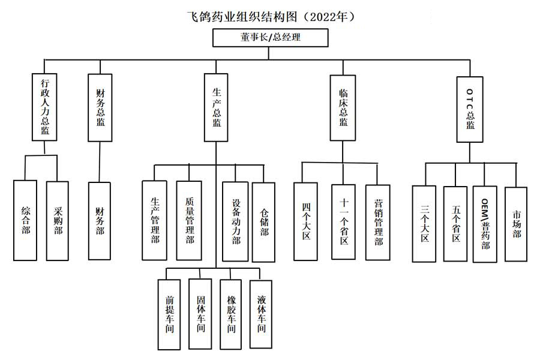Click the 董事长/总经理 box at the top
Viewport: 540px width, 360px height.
pyautogui.click(x=270, y=37)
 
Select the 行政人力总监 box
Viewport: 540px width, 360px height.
pyautogui.click(x=45, y=107)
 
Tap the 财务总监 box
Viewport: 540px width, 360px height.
pyautogui.click(x=100, y=107)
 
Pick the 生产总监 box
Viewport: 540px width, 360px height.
pyautogui.click(x=217, y=107)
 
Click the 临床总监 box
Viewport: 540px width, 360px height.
pyautogui.click(x=343, y=107)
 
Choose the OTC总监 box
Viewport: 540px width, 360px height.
pyautogui.click(x=470, y=110)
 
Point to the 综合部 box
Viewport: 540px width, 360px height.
pyautogui.click(x=26, y=220)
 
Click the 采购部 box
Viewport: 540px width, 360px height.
pyautogui.click(x=58, y=220)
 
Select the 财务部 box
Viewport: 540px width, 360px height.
pyautogui.click(x=100, y=221)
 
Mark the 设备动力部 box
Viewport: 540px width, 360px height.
pyautogui.click(x=236, y=221)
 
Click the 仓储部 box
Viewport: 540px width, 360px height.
pyautogui.click(x=265, y=221)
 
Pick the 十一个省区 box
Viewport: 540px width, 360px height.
pyautogui.click(x=343, y=221)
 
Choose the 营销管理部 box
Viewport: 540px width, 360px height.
pyautogui.click(x=378, y=222)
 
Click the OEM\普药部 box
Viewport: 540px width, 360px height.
pyautogui.click(x=485, y=224)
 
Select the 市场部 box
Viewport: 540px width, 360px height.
pyautogui.click(x=516, y=223)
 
